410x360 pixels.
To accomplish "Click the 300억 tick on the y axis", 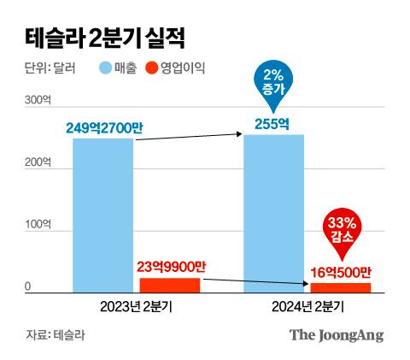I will (x=38, y=100).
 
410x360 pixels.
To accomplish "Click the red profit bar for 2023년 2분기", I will (x=170, y=286).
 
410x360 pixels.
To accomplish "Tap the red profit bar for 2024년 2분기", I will (x=341, y=288).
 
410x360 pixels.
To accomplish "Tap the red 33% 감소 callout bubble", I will (x=343, y=228).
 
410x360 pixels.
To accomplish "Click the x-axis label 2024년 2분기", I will (x=307, y=305).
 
